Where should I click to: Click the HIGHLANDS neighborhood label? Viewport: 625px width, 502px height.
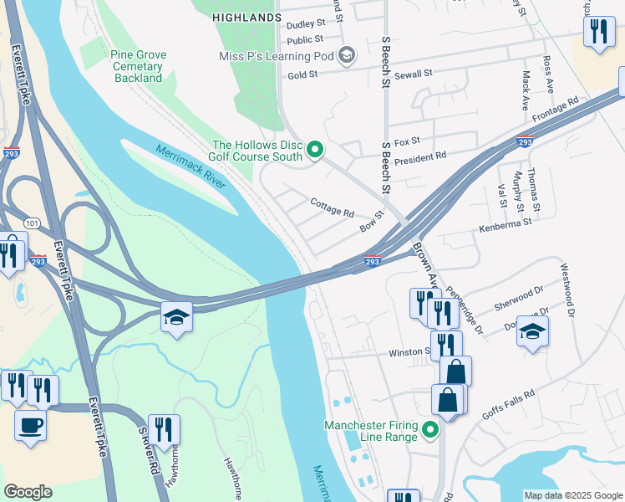[x=246, y=17]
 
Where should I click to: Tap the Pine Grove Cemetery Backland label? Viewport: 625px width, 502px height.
[x=138, y=66]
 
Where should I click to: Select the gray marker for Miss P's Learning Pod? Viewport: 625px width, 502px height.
[x=347, y=57]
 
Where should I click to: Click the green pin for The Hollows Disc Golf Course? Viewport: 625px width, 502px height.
[x=315, y=151]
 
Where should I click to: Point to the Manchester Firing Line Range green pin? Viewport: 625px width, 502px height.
[x=430, y=431]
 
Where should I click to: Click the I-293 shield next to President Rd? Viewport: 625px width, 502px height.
[x=524, y=142]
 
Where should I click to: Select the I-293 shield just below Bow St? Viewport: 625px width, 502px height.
[x=373, y=262]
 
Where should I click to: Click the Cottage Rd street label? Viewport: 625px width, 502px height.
[x=332, y=207]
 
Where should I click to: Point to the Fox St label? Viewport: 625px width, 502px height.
[x=406, y=141]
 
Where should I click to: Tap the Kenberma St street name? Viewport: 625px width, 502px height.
[x=505, y=223]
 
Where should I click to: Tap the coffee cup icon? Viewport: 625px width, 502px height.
[x=30, y=425]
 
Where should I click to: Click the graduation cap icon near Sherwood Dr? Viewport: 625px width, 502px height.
[x=532, y=332]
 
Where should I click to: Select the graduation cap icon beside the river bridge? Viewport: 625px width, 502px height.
[x=177, y=317]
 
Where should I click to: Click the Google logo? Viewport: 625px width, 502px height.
[x=28, y=492]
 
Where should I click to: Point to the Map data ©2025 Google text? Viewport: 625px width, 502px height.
[x=572, y=495]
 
